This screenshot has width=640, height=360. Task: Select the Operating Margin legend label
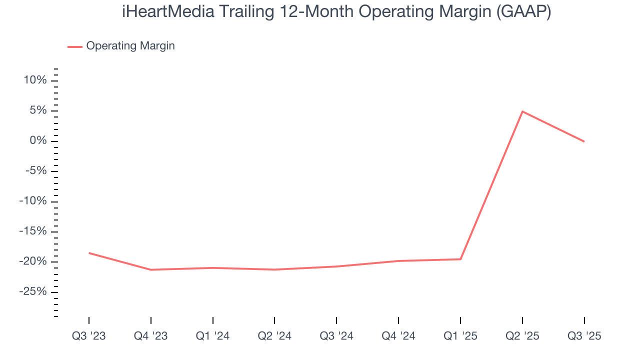130,46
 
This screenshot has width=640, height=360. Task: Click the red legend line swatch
75,46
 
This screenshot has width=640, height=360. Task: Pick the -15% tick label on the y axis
33,231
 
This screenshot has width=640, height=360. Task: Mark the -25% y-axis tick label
33,292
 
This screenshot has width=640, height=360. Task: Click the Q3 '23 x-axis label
89,336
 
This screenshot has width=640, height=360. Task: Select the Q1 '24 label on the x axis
213,336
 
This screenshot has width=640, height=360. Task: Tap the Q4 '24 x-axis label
398,336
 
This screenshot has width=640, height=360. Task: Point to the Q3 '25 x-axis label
584,336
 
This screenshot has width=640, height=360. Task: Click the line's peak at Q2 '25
522,111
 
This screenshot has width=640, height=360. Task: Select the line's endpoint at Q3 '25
584,141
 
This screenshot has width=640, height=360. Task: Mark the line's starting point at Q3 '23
89,253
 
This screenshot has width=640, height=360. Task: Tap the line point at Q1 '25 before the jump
460,259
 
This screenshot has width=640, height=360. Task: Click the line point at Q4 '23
151,269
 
